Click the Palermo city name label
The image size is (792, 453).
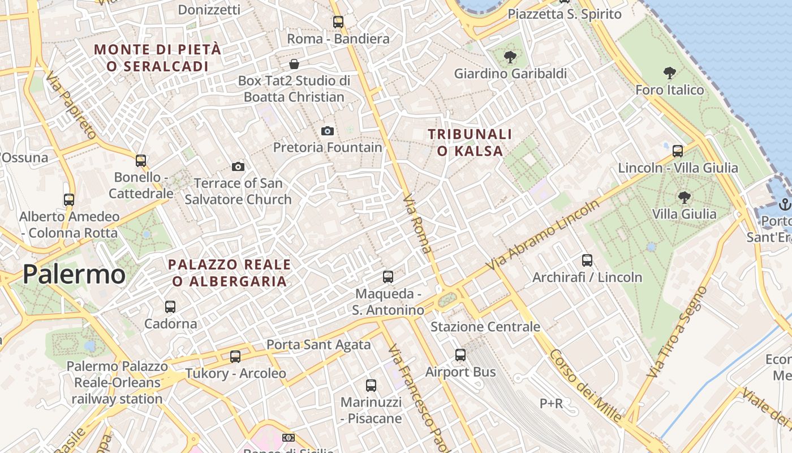tap(74, 275)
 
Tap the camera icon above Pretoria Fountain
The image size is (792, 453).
tap(328, 131)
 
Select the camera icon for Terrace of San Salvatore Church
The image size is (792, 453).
tap(238, 166)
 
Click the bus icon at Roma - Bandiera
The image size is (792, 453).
tap(338, 22)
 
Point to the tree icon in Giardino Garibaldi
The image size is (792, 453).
tap(510, 57)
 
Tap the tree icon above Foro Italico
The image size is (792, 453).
tap(670, 73)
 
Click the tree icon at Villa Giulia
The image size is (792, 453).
tap(685, 198)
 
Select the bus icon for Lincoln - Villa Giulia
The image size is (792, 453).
tap(678, 151)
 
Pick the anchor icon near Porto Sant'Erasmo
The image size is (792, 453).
tap(785, 204)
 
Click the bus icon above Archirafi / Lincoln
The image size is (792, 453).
tap(587, 260)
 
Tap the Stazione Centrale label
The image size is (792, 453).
tap(485, 327)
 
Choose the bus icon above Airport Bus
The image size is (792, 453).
tap(460, 355)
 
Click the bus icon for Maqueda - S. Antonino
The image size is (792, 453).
tap(388, 277)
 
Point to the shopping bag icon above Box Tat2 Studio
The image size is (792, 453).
tap(294, 63)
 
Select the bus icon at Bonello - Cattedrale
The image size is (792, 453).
tap(141, 161)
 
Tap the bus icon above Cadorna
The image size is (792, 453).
tap(170, 307)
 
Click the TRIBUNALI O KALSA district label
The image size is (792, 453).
tap(470, 143)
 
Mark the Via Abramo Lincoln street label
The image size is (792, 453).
tap(543, 234)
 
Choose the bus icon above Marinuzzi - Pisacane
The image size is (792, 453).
tap(371, 386)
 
